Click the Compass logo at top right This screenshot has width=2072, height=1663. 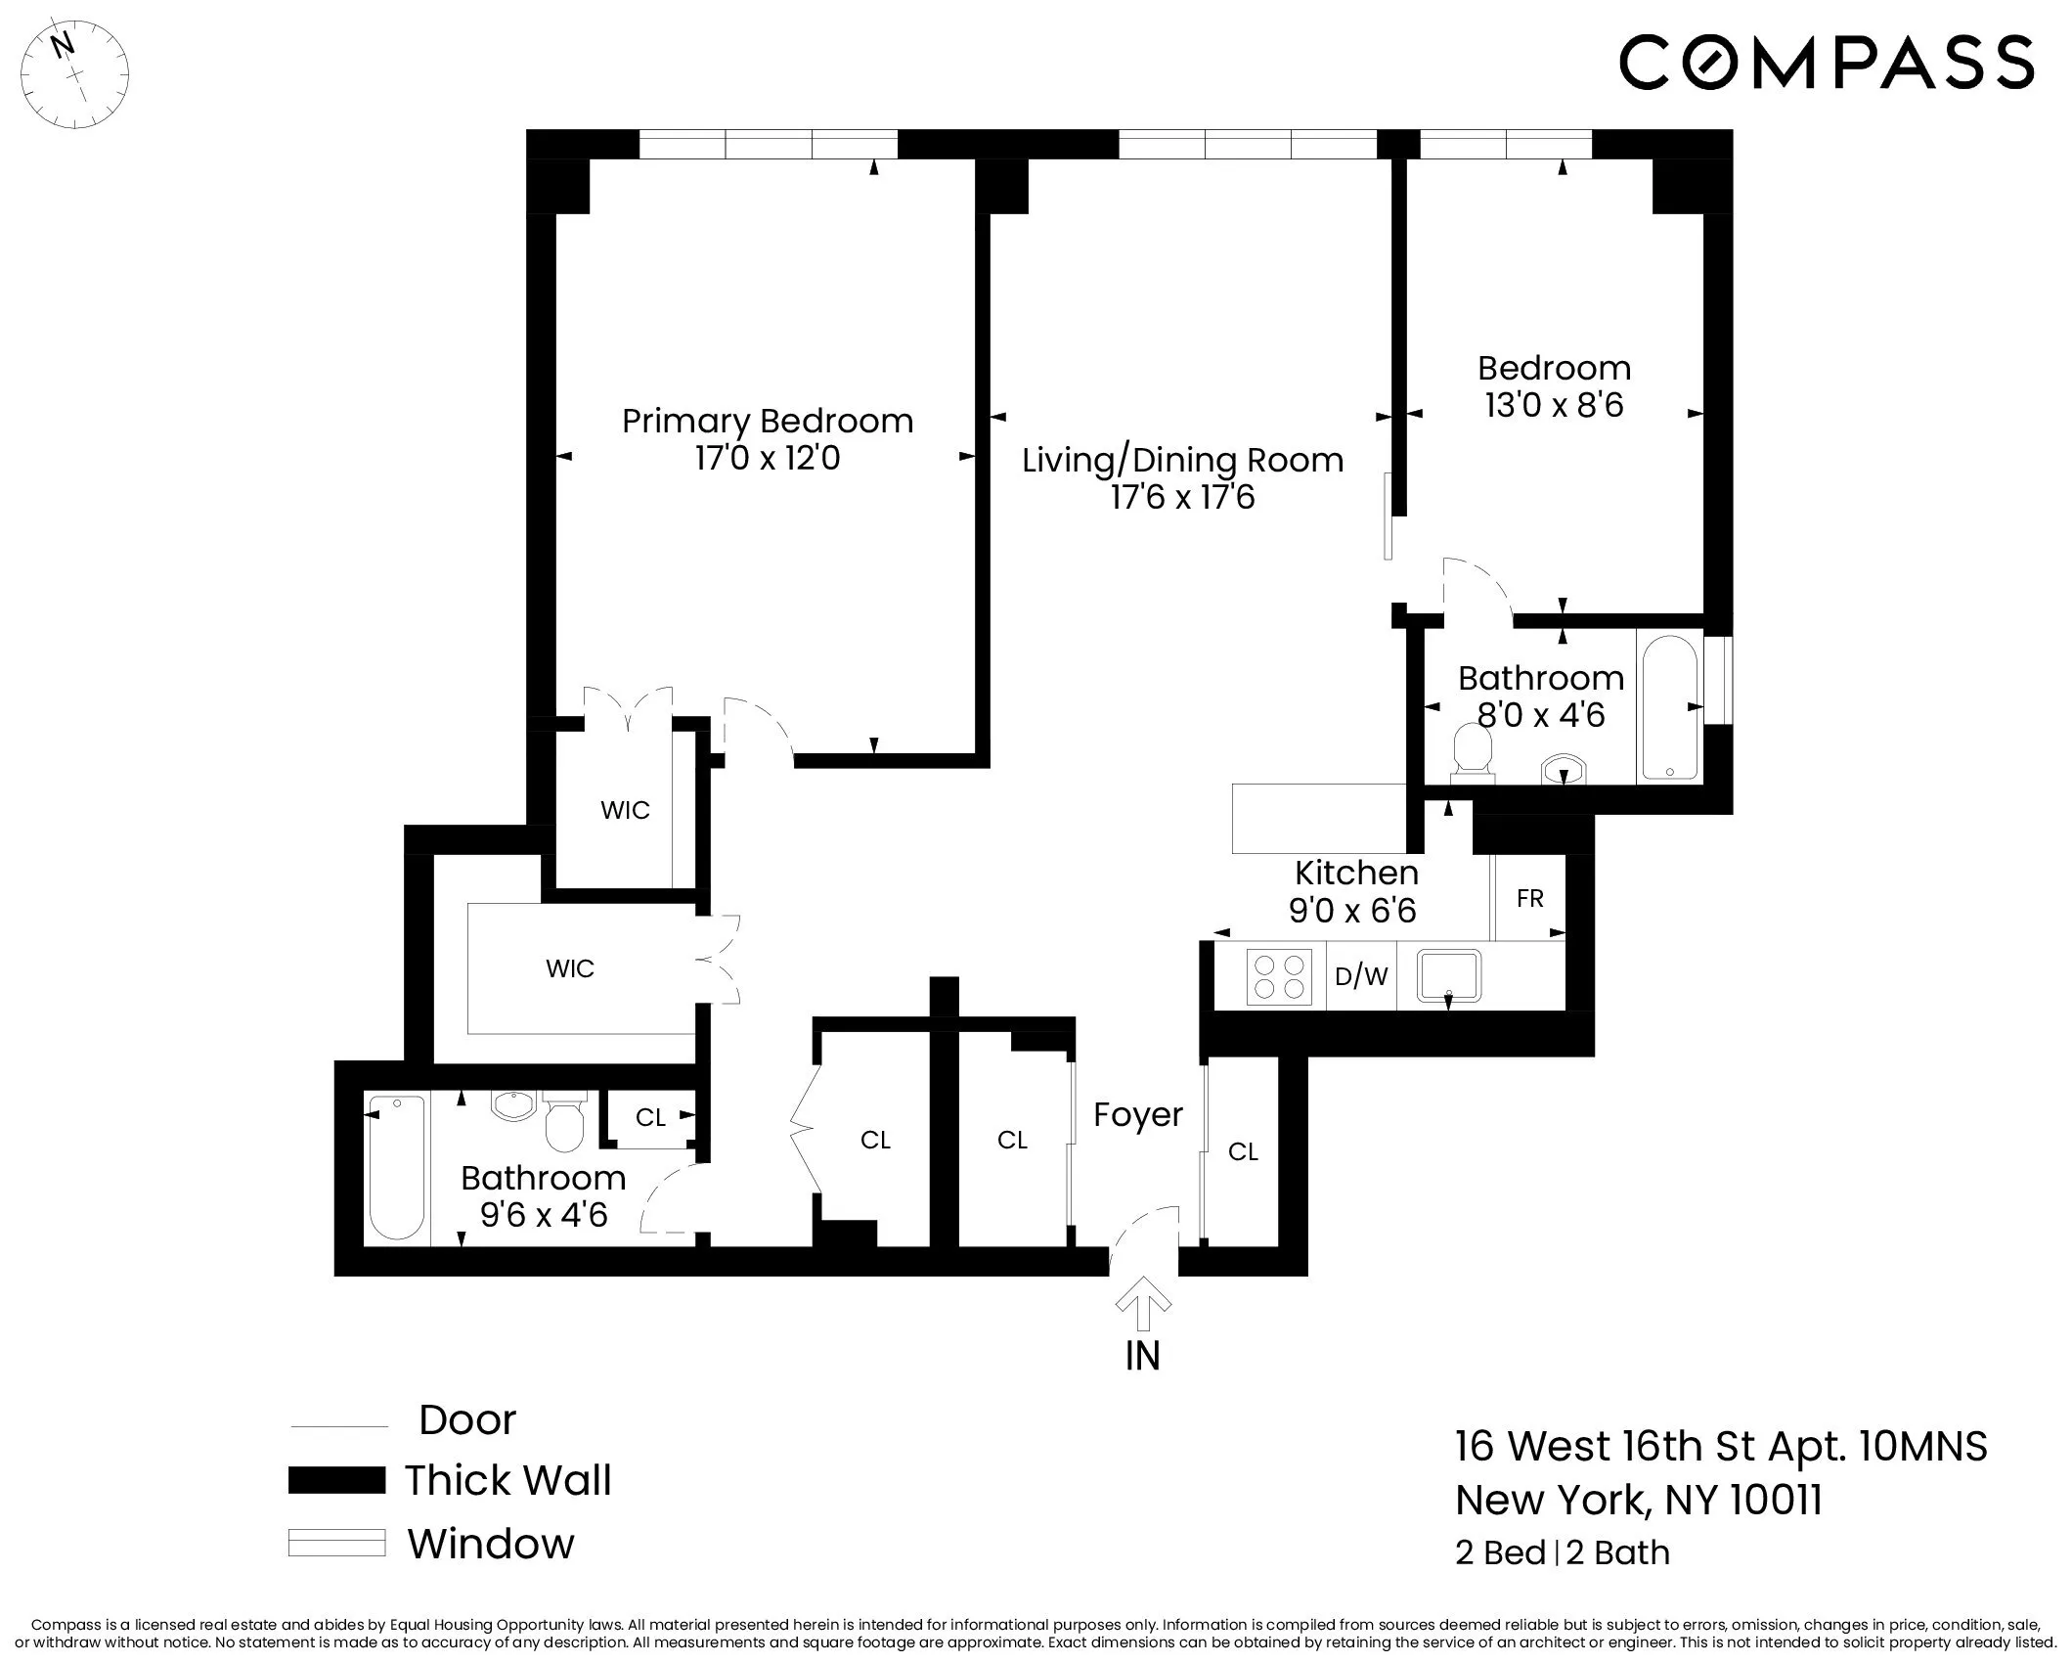coord(1826,63)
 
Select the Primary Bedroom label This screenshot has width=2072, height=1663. coord(768,422)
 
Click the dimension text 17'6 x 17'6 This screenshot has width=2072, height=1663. coord(1182,498)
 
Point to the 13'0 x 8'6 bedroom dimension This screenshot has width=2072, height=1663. coord(1554,405)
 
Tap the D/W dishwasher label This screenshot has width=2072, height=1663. coord(1361,976)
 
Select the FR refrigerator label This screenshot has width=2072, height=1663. coord(1529,898)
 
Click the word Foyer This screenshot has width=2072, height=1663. coord(1138,1115)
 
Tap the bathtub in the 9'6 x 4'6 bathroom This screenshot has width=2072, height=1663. coord(397,1168)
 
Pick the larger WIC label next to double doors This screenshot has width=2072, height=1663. coord(570,968)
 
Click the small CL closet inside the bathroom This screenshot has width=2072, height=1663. coord(650,1117)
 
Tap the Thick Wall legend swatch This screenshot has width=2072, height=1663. coord(336,1480)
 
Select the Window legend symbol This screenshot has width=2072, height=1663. coord(336,1543)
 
